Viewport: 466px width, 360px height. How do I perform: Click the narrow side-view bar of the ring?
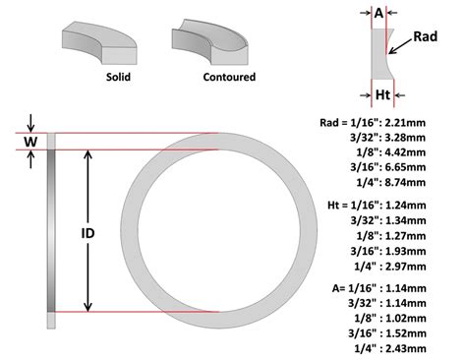pos(52,231)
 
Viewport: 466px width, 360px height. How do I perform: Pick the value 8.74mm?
pos(406,183)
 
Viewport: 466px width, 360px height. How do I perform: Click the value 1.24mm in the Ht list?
pos(406,205)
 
